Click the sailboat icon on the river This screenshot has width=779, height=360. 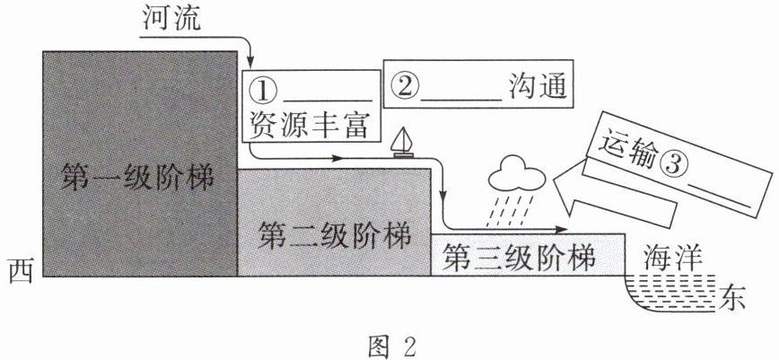click(x=402, y=144)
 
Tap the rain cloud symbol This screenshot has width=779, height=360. click(x=516, y=174)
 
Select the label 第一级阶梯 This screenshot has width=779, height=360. click(x=137, y=177)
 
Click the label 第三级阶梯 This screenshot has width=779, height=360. click(x=519, y=256)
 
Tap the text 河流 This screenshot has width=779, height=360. click(x=171, y=20)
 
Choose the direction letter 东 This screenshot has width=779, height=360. click(x=731, y=297)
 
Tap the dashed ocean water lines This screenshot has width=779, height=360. click(x=670, y=294)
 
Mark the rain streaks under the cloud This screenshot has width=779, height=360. click(x=512, y=210)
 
